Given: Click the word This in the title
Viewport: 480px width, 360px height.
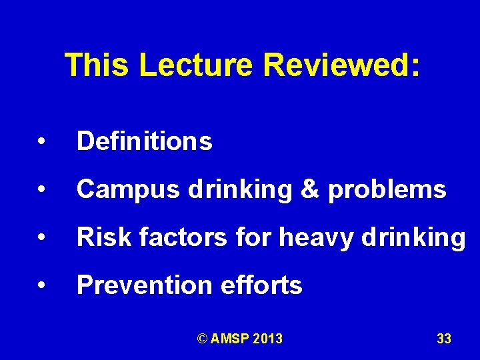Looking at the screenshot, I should coord(97,65).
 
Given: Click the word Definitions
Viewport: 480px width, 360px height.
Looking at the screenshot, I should coord(145,141).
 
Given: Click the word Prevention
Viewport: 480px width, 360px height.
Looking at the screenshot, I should coord(142,285).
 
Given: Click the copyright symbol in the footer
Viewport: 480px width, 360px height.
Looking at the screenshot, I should coord(203,339).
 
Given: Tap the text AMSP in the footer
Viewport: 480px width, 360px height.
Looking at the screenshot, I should coord(230,339).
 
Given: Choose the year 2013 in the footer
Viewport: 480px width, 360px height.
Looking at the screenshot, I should coord(268,339).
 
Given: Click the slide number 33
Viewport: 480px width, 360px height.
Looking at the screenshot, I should coord(444,339).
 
